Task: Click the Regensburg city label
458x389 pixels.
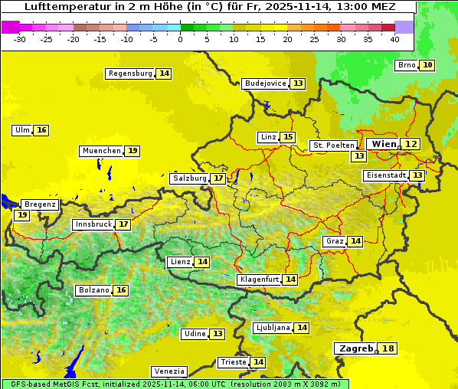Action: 129,74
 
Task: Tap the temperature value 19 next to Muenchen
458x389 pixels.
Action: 132,151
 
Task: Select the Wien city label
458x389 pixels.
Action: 384,144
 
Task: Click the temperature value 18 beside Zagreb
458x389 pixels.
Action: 388,348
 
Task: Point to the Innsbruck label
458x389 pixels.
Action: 92,224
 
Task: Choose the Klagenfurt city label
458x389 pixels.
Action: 258,279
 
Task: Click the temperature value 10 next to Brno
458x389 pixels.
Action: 427,65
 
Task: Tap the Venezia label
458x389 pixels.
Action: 168,371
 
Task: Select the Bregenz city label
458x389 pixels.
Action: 40,204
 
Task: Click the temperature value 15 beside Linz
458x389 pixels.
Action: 287,137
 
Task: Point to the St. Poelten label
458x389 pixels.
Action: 333,145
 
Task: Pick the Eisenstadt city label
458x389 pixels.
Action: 384,175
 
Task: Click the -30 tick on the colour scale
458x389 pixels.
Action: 19,38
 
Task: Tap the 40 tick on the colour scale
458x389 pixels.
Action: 394,38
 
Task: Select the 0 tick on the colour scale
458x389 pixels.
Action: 180,38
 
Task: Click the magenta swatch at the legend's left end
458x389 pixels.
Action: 10,27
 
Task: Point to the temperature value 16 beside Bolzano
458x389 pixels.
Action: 121,290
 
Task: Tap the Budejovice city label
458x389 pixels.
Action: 265,83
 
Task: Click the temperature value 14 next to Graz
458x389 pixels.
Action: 355,241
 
